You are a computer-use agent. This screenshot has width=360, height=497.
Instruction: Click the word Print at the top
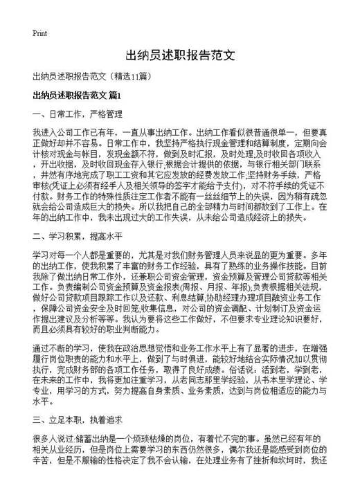pyautogui.click(x=39, y=33)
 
